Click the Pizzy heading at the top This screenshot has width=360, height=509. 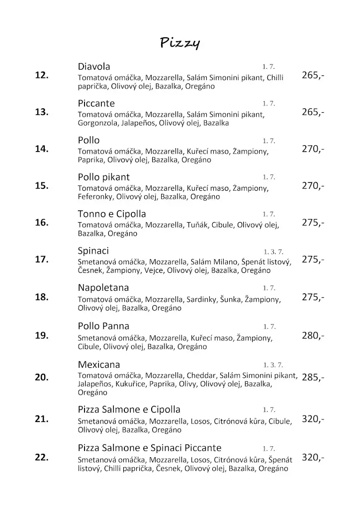point(180,44)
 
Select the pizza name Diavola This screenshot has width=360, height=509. point(94,67)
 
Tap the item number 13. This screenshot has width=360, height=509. point(42,112)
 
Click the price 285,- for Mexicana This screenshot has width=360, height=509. point(313,377)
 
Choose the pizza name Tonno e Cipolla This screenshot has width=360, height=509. point(112,214)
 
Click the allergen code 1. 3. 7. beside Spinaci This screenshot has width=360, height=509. point(273,252)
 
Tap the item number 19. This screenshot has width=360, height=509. point(42,335)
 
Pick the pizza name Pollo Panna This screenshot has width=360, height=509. point(103,326)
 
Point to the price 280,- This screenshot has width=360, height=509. point(313,336)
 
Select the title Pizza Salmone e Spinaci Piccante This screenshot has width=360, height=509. point(150,448)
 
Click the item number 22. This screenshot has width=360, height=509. point(42,457)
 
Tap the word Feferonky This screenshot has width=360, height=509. point(95,197)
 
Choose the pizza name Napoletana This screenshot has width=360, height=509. point(103,288)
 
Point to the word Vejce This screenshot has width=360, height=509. point(154,270)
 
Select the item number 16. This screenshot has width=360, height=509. point(42,222)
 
